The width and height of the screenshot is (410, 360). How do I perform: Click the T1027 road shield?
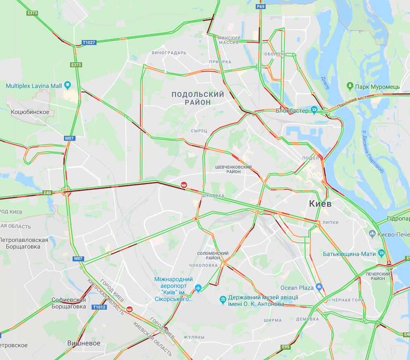[89, 43]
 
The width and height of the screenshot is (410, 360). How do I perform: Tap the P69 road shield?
[260, 7]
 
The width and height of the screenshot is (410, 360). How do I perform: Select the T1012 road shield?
[99, 307]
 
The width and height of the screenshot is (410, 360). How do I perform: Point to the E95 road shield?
[286, 346]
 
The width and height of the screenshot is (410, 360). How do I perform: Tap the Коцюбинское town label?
[30, 112]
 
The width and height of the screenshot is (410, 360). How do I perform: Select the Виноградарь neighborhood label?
[169, 53]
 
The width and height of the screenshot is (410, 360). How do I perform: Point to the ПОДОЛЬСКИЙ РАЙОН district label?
[198, 98]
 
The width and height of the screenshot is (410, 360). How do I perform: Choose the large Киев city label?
[320, 204]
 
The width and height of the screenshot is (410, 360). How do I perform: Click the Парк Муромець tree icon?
[350, 86]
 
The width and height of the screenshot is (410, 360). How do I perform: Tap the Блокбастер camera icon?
[314, 110]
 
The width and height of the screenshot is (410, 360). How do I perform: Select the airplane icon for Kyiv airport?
[198, 287]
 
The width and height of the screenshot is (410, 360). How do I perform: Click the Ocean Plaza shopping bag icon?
[318, 287]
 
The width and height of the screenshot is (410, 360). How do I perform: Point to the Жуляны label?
[193, 337]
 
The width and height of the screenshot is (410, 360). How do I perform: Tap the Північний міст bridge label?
[351, 103]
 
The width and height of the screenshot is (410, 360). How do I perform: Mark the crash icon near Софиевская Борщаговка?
[130, 309]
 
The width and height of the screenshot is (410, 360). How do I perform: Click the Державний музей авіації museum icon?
[223, 298]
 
